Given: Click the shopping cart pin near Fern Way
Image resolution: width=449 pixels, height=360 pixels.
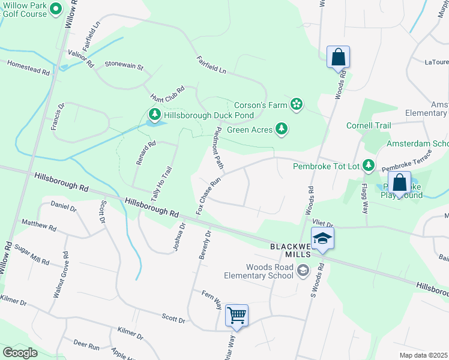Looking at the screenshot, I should pos(237,315).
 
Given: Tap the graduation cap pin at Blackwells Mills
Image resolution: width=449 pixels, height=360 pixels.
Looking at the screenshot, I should pos(322,238).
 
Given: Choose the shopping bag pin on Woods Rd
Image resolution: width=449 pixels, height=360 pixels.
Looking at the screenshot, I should pos(338,58).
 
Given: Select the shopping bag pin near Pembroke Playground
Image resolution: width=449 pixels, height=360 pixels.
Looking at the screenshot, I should pos(399,182).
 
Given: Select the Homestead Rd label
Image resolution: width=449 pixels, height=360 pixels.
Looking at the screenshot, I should pos(28,67).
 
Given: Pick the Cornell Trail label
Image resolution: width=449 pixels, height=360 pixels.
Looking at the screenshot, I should pos(369,125).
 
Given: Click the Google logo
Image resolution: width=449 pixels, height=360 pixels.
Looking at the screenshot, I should pos(20,352).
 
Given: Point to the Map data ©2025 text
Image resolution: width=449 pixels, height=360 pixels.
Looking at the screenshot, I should pos(423,355).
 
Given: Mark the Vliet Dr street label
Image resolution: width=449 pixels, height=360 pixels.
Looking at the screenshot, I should pos(321,223).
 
